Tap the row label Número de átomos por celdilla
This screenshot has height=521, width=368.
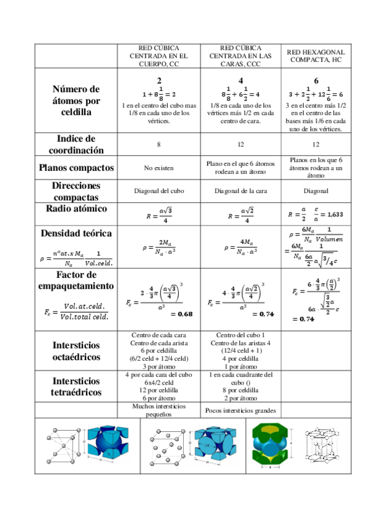coord(77,101)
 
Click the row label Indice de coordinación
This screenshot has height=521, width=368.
coord(77,144)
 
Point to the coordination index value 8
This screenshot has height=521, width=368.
coord(159,144)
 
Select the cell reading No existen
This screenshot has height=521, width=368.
coord(159,168)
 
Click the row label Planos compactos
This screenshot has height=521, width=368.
coord(77,167)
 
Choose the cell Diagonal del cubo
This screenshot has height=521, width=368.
coord(159,190)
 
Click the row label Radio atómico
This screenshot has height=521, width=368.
coord(77,209)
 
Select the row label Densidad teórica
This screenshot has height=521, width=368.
coord(77,233)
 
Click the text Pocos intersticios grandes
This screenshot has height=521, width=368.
coord(241,410)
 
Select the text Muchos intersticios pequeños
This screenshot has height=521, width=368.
coord(159,410)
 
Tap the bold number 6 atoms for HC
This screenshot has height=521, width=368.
coord(316,80)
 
